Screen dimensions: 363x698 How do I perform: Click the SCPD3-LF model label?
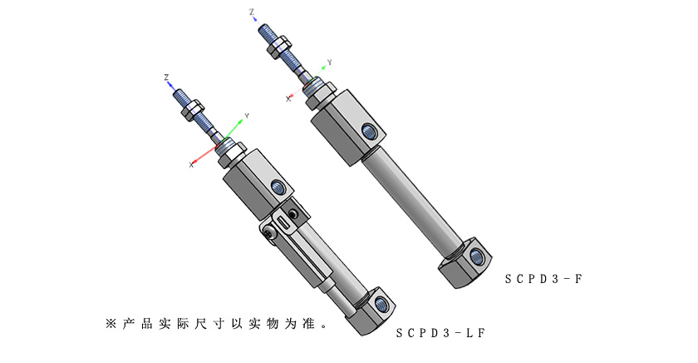click(x=440, y=333)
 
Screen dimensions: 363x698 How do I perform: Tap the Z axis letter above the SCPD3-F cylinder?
click(x=252, y=12)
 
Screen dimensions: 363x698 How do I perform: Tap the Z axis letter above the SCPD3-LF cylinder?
click(x=167, y=77)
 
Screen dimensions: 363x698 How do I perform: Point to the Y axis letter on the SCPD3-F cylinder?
click(x=330, y=62)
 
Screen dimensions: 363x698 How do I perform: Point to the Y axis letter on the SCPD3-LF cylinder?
click(x=247, y=116)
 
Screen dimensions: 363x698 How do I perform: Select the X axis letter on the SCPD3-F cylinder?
click(x=288, y=98)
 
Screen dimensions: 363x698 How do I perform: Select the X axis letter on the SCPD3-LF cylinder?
click(x=191, y=165)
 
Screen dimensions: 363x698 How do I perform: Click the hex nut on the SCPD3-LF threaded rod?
click(x=193, y=107)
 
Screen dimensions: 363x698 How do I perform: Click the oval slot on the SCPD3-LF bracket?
click(x=285, y=223)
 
